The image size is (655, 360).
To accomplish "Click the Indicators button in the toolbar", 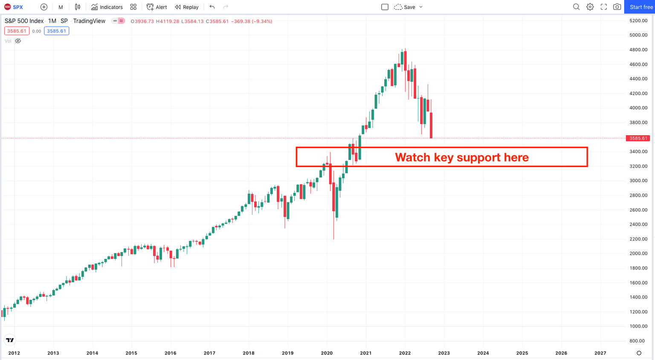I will pyautogui.click(x=107, y=7).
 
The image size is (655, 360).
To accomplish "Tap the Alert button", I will pyautogui.click(x=157, y=7).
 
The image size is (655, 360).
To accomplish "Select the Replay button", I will pyautogui.click(x=187, y=7).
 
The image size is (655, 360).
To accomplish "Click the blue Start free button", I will pyautogui.click(x=641, y=7).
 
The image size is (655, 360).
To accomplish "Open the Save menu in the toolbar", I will pyautogui.click(x=409, y=7).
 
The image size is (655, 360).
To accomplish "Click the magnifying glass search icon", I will pyautogui.click(x=576, y=7).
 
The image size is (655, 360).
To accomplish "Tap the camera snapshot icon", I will pyautogui.click(x=617, y=7).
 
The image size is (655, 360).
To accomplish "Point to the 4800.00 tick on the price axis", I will pyautogui.click(x=638, y=49).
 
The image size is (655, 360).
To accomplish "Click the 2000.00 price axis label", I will pyautogui.click(x=638, y=253).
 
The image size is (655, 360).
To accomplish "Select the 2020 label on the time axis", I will pyautogui.click(x=327, y=353).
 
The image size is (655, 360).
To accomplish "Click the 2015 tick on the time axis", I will pyautogui.click(x=131, y=353).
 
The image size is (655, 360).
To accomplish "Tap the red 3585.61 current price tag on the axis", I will pyautogui.click(x=638, y=138).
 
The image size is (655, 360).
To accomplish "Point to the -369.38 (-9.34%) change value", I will pyautogui.click(x=252, y=21).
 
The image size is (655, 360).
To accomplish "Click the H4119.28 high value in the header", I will pyautogui.click(x=168, y=21).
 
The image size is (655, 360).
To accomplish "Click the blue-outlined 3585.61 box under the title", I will pyautogui.click(x=56, y=31).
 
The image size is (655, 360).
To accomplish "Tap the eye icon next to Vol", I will pyautogui.click(x=18, y=41).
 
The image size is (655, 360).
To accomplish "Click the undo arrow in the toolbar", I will pyautogui.click(x=212, y=7).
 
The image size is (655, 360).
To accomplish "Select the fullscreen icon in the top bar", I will pyautogui.click(x=603, y=7).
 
